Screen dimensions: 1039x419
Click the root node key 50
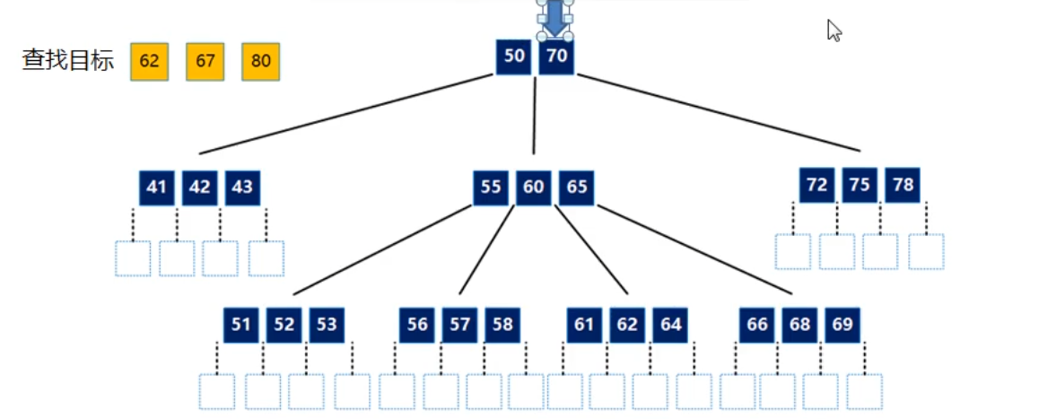514,57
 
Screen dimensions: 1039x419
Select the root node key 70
556,57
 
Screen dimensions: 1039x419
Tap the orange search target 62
149,62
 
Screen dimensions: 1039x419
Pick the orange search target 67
205,62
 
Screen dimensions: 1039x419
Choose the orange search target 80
260,62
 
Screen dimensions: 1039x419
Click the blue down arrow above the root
555,18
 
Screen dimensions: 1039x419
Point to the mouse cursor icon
834,31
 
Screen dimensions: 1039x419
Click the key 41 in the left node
157,188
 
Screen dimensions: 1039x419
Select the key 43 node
242,188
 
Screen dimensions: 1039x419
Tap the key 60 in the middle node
534,188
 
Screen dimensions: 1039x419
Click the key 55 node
491,188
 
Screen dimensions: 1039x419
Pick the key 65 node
577,188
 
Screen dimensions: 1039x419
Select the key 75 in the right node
860,185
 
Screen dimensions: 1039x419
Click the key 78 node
903,185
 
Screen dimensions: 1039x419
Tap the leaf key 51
240,325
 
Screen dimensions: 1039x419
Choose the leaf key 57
460,325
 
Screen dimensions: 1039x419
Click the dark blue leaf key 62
627,325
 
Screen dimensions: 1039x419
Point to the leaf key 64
670,325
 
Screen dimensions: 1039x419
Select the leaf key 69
843,325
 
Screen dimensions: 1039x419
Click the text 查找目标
68,61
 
